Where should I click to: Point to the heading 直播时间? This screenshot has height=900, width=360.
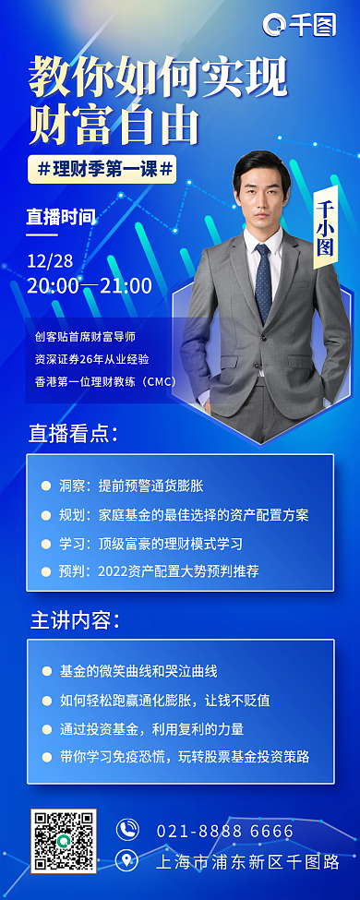(x=60, y=218)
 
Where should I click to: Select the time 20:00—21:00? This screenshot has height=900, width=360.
(x=90, y=285)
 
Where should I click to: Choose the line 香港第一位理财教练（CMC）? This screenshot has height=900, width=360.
(x=104, y=380)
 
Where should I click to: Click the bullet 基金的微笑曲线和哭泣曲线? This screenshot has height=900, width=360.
(x=138, y=671)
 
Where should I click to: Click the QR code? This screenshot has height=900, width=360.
(x=64, y=840)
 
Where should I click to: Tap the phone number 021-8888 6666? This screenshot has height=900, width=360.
(x=224, y=831)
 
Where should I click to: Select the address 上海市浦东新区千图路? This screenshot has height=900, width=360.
(x=247, y=862)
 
